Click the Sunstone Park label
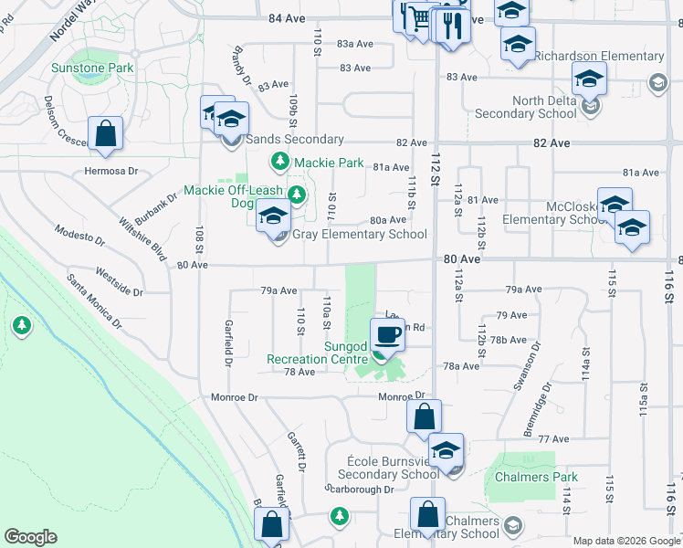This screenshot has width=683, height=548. [92, 68]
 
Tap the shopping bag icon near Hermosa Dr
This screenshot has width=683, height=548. [106, 133]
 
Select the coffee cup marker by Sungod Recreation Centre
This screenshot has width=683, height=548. [387, 334]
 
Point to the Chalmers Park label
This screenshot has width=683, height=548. [536, 477]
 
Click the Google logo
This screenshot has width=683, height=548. [30, 537]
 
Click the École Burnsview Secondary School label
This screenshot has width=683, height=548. [388, 467]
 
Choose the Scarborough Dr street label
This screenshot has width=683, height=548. [360, 489]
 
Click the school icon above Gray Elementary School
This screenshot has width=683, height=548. [272, 217]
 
